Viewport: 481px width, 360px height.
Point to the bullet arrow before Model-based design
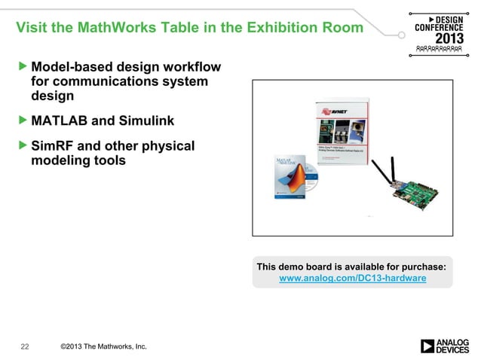pos(22,68)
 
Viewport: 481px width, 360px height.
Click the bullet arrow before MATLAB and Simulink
pos(22,121)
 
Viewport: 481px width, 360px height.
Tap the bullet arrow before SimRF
pos(22,145)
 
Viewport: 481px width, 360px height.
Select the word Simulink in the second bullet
pos(146,121)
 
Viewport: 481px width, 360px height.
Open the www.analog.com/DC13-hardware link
pos(352,279)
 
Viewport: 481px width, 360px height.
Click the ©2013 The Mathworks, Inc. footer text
pos(103,346)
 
